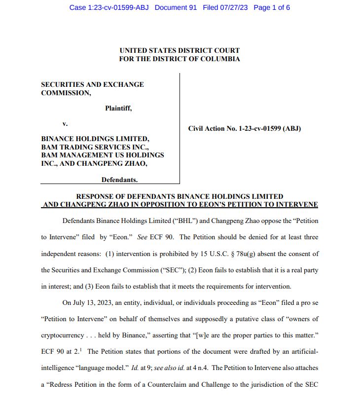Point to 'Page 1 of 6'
271,7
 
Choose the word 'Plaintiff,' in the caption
118,108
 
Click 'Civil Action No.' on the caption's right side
213,129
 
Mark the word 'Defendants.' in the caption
119,180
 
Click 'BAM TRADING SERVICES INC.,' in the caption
95,147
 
